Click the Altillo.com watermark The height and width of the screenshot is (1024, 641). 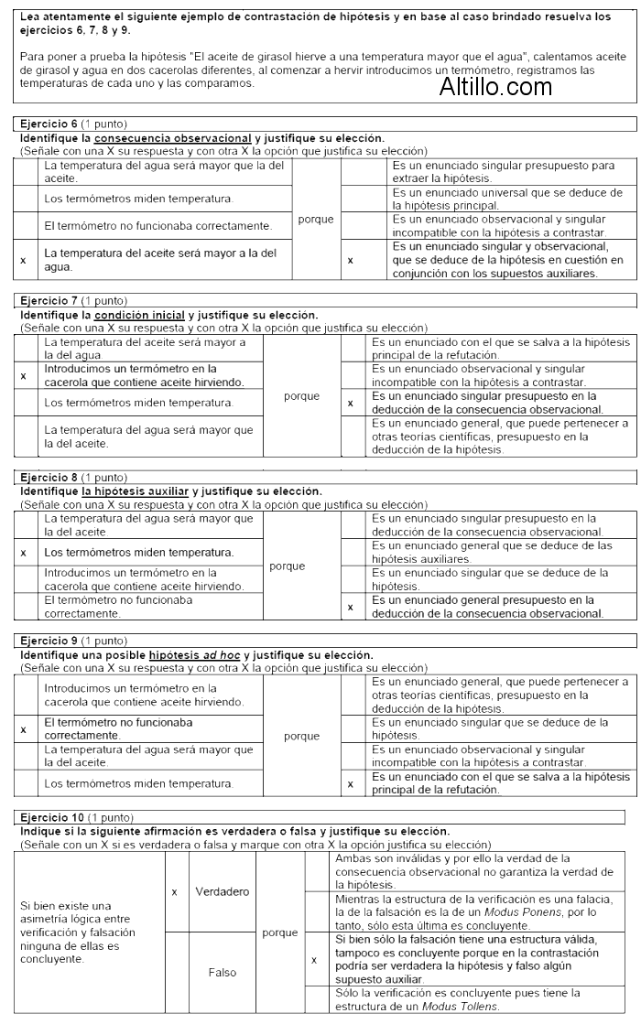495,88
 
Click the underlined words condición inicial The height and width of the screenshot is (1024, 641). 147,315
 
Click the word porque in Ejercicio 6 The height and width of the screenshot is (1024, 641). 315,220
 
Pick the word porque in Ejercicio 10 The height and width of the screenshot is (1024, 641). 280,932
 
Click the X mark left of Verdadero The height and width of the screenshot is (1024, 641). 173,890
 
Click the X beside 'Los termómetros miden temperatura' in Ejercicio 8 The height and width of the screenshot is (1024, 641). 22,553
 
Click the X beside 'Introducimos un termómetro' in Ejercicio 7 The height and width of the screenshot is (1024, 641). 22,375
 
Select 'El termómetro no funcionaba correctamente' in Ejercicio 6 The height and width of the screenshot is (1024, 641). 158,225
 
